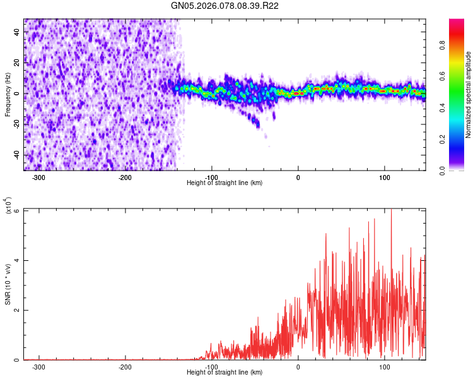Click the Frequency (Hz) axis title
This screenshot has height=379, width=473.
(x=8, y=95)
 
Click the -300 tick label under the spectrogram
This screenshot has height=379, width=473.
(x=38, y=177)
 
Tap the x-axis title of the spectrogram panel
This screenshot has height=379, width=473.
(x=225, y=183)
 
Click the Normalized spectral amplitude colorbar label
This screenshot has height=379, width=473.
(x=469, y=95)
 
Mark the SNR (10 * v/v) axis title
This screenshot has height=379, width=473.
(x=8, y=284)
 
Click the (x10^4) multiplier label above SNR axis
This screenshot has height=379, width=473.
(x=8, y=206)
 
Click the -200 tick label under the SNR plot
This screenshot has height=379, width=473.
(x=125, y=366)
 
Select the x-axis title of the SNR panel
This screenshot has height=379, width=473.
(x=225, y=372)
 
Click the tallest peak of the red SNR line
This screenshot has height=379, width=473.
(x=391, y=210)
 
